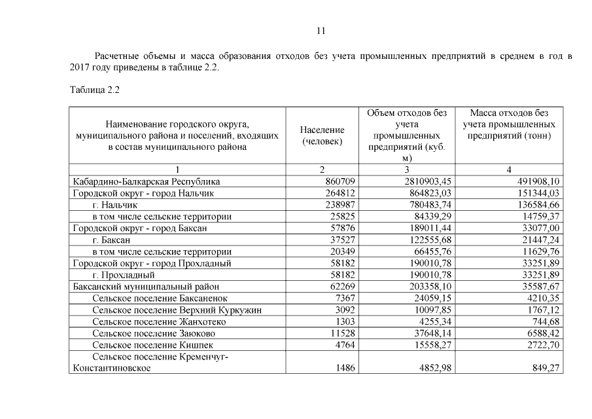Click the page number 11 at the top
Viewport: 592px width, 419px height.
[321, 31]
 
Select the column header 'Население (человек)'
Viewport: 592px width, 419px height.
[322, 136]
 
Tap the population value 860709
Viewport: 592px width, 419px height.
[340, 181]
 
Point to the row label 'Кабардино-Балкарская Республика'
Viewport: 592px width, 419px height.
[146, 181]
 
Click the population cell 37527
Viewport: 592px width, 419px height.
[341, 240]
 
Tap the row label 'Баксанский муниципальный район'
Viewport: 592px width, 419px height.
[145, 287]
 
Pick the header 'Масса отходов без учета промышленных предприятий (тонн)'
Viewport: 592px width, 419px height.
[510, 124]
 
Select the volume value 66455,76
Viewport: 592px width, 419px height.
[430, 251]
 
